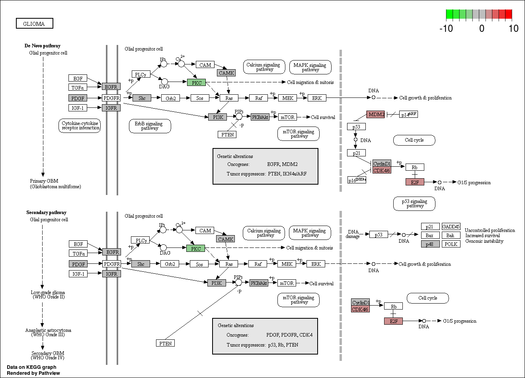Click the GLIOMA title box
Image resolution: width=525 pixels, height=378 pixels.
click(x=34, y=24)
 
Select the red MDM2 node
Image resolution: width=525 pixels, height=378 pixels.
click(x=375, y=115)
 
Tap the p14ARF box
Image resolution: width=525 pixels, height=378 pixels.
click(x=408, y=115)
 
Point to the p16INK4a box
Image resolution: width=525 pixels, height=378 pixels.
click(x=357, y=180)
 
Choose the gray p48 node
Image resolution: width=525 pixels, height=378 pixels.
click(x=430, y=244)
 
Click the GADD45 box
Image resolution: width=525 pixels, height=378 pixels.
click(x=451, y=227)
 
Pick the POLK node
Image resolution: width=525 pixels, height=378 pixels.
click(x=451, y=244)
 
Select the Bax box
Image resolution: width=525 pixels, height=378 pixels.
click(x=430, y=235)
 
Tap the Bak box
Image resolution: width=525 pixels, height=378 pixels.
click(x=451, y=235)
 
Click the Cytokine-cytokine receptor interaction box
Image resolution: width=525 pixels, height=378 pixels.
click(x=80, y=126)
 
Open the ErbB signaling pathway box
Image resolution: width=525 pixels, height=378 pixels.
click(x=150, y=126)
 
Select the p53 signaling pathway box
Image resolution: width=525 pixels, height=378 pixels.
click(x=414, y=204)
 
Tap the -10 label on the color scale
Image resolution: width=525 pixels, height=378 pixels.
click(x=446, y=29)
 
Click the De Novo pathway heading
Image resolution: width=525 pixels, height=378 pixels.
click(x=43, y=46)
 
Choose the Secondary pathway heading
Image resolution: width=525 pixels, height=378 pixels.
click(x=46, y=212)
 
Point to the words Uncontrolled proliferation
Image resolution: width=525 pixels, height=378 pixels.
click(x=490, y=230)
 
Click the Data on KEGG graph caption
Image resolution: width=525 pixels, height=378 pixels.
click(x=31, y=367)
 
